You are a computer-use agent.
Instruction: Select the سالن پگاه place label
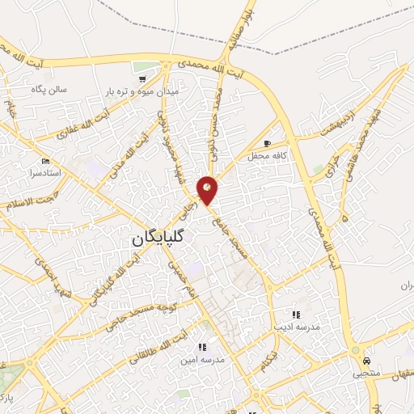pos(48,89)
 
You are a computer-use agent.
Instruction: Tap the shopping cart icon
pos(142,79)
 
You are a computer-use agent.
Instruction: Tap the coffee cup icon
pos(267,142)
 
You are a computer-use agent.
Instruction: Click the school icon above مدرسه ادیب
pos(296,315)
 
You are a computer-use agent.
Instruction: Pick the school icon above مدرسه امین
pos(202,347)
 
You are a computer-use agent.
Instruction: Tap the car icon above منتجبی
pos(367,361)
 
